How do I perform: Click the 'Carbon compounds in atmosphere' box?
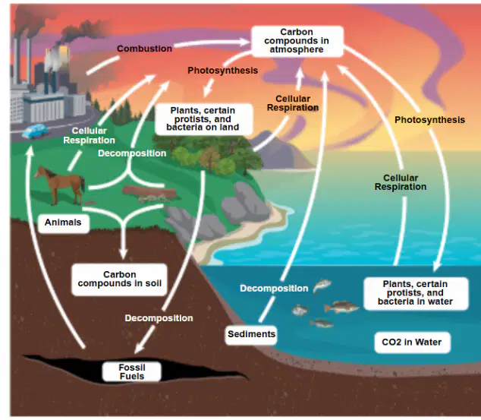pos(297,41)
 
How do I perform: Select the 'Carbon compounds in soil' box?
pos(119,279)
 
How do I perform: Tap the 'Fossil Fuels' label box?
pos(131,371)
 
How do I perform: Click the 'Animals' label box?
pos(64,223)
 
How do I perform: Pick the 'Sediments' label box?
pos(251,334)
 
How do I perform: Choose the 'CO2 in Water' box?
pos(412,343)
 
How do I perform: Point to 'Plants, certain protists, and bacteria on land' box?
pos(203,119)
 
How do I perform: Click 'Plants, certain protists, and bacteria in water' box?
pos(416,293)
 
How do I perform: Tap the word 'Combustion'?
pos(144,49)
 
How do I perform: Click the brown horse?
pos(60,185)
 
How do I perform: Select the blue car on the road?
pos(35,131)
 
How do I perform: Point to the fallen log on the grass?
pos(149,194)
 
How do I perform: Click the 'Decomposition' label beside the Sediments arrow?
pos(274,289)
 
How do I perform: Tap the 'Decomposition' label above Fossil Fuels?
pos(159,318)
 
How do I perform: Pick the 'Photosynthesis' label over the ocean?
pos(429,120)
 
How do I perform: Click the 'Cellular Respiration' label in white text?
pos(89,135)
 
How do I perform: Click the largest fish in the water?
pos(341,307)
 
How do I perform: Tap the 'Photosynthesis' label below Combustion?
pos(223,71)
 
